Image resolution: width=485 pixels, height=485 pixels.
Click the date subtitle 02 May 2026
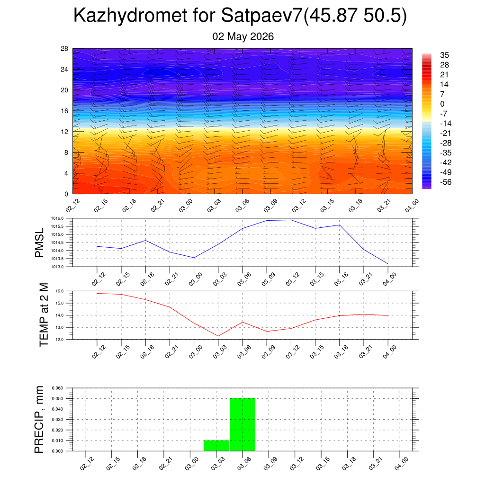243,36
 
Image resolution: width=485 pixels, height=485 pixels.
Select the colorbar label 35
444,55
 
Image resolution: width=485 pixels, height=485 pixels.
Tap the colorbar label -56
446,182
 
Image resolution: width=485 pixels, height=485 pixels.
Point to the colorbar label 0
442,104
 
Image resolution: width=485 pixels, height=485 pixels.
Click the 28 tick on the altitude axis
64,49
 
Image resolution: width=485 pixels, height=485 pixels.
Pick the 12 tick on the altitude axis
64,132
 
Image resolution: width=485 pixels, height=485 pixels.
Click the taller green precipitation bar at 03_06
242,425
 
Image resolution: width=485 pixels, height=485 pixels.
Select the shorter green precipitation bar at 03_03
216,446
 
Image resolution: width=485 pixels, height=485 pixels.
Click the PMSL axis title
39,243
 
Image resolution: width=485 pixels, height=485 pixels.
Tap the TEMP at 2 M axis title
44,315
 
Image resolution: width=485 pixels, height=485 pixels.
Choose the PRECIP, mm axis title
39,420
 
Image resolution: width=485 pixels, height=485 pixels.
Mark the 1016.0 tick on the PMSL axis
57,218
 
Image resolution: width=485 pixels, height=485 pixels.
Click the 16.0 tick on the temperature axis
60,291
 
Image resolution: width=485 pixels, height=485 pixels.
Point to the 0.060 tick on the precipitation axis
57,388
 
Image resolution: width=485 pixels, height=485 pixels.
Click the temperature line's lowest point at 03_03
218,336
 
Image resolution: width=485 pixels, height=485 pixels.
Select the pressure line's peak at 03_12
291,220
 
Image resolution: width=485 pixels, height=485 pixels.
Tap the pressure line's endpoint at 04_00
388,263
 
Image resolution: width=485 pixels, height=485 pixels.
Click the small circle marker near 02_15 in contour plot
101,189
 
